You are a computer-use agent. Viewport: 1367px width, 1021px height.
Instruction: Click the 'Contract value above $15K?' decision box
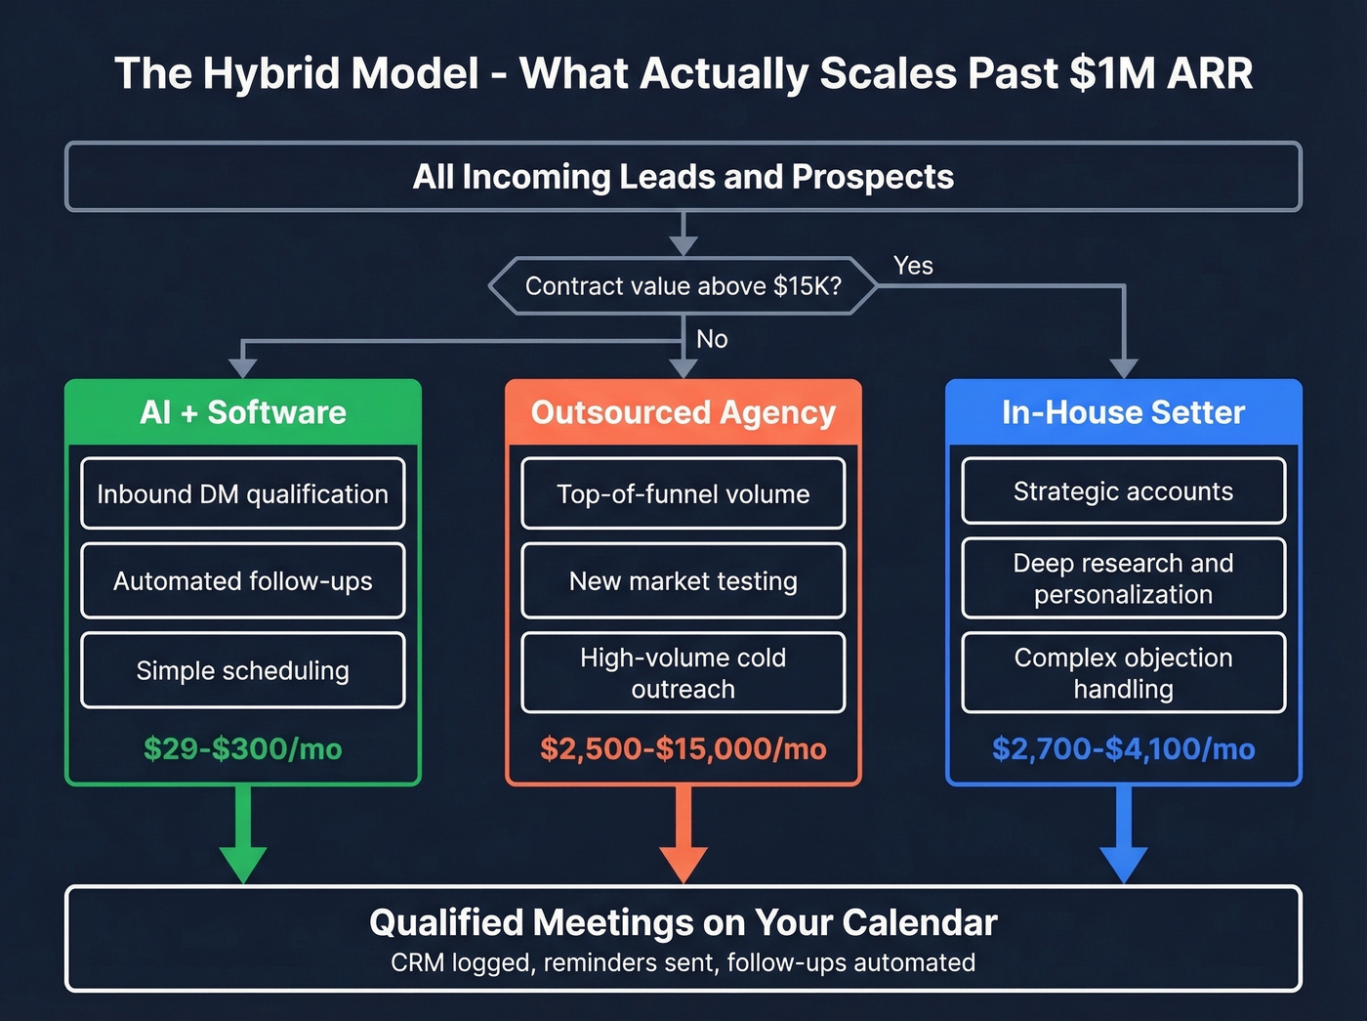(x=683, y=286)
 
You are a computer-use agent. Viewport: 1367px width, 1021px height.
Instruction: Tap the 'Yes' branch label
(x=913, y=266)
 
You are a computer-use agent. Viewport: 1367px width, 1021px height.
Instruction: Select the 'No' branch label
(x=712, y=339)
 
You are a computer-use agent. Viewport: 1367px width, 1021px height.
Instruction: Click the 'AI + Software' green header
(x=243, y=412)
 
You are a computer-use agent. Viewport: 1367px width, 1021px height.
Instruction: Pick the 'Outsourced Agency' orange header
(x=683, y=412)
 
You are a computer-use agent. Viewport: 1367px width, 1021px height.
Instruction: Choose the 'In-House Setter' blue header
(x=1123, y=412)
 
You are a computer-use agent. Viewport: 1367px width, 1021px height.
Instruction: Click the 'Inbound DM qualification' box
(x=243, y=494)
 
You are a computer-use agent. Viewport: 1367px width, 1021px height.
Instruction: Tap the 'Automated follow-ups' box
(x=243, y=581)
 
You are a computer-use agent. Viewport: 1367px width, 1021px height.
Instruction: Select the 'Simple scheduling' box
(x=243, y=670)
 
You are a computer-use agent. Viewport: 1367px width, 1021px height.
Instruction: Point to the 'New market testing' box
(x=683, y=581)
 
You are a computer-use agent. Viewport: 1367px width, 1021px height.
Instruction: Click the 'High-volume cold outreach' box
(x=683, y=673)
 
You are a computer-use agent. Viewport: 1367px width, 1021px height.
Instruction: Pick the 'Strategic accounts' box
(x=1123, y=491)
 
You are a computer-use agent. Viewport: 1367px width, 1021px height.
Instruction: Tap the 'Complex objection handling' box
(x=1123, y=673)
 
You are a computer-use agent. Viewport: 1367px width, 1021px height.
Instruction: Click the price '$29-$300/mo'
(x=243, y=749)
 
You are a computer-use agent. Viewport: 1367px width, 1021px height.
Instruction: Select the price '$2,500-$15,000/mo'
(x=683, y=749)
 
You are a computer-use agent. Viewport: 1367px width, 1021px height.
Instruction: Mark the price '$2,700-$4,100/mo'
(x=1123, y=749)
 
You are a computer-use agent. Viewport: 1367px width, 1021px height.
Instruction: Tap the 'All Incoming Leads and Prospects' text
(x=683, y=177)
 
